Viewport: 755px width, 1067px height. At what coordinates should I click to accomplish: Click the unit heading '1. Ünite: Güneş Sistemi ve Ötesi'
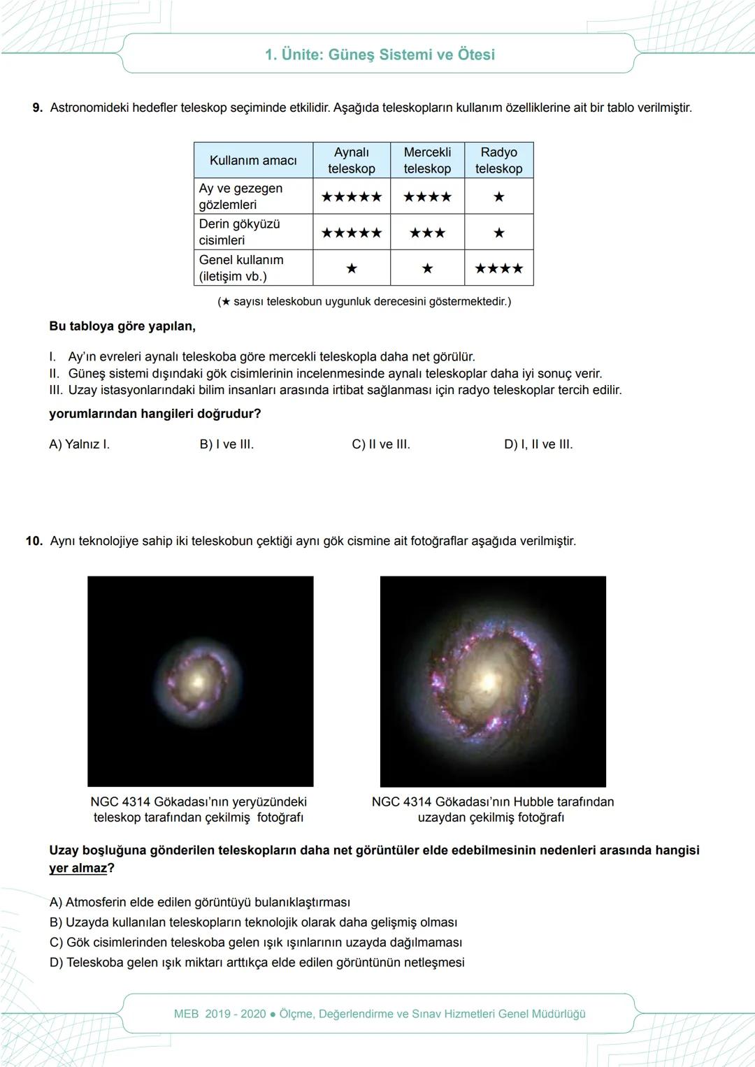click(380, 55)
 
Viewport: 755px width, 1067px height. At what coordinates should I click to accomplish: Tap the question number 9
click(38, 108)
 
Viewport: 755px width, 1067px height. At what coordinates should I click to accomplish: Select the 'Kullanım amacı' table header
click(253, 161)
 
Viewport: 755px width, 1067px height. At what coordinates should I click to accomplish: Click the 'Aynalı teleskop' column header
click(352, 161)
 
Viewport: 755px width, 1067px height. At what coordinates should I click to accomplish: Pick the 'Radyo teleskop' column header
click(498, 161)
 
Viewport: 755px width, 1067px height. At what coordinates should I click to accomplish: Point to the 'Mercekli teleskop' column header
click(427, 161)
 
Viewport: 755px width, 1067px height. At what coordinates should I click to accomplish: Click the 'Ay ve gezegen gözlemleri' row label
click(240, 196)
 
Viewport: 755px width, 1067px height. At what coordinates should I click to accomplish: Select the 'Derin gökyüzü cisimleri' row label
click(239, 232)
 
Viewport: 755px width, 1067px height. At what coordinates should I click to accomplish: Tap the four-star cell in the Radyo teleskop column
click(498, 268)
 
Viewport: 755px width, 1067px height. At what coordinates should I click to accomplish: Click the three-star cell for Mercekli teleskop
click(427, 233)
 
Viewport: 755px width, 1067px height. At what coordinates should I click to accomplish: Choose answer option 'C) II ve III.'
click(381, 444)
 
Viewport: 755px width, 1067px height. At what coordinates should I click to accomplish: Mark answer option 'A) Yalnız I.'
click(79, 444)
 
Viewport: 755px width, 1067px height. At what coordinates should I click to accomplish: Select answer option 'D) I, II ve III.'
click(538, 444)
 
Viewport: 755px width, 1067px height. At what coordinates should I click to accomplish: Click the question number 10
click(34, 542)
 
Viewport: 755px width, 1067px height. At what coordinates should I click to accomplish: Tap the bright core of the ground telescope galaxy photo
click(199, 679)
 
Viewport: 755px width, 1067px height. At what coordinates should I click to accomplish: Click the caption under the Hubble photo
click(492, 809)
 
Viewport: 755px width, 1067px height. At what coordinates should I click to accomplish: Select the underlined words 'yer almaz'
click(78, 869)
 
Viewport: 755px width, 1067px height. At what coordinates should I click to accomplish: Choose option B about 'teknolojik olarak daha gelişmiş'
click(253, 922)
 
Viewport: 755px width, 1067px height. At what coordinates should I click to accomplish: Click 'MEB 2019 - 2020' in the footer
click(220, 1014)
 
